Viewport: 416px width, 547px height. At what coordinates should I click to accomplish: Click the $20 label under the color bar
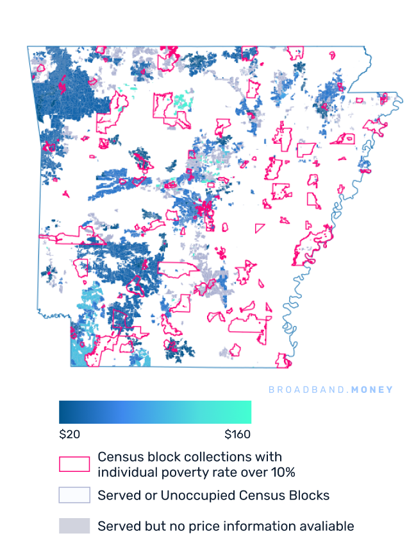click(x=69, y=435)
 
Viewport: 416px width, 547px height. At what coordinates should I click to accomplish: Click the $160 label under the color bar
click(x=237, y=435)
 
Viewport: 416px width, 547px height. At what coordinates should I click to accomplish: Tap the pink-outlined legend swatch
click(x=74, y=464)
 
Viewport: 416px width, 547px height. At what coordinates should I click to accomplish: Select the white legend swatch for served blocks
click(x=74, y=495)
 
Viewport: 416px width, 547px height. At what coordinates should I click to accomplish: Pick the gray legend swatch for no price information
click(x=74, y=526)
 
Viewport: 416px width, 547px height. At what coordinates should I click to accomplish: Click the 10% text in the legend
click(x=282, y=473)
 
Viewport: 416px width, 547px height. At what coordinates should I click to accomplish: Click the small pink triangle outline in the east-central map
click(x=260, y=227)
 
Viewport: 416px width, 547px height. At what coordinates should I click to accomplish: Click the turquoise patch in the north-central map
click(x=185, y=101)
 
